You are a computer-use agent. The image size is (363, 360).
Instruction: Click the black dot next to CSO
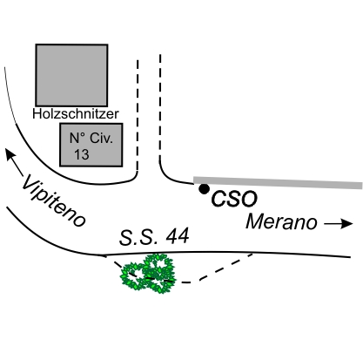tap(204, 189)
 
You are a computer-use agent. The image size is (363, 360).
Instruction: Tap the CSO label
tap(234, 199)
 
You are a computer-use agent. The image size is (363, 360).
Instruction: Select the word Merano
tap(281, 222)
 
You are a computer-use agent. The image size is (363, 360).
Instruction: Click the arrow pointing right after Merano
tap(339, 223)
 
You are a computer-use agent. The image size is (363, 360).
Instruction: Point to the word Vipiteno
tap(54, 200)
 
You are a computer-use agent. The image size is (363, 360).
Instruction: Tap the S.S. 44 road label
tap(154, 236)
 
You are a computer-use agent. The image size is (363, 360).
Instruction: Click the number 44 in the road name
tap(178, 235)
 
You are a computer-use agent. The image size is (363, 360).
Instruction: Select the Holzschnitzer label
tap(76, 114)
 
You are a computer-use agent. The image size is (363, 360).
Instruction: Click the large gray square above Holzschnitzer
tap(71, 75)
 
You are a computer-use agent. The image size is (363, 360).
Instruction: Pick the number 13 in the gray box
tap(82, 154)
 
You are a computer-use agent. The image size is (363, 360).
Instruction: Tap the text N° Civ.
tap(91, 139)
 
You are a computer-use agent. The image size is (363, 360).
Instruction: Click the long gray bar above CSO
tap(278, 182)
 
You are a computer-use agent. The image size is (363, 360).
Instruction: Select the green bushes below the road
tap(148, 274)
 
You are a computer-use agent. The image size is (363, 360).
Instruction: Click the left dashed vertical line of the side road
tap(138, 115)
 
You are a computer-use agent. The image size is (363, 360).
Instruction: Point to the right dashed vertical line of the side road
tap(160, 106)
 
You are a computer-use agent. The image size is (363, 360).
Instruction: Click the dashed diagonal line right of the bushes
tap(225, 268)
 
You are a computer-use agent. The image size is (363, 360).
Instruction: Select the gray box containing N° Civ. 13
tap(91, 145)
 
